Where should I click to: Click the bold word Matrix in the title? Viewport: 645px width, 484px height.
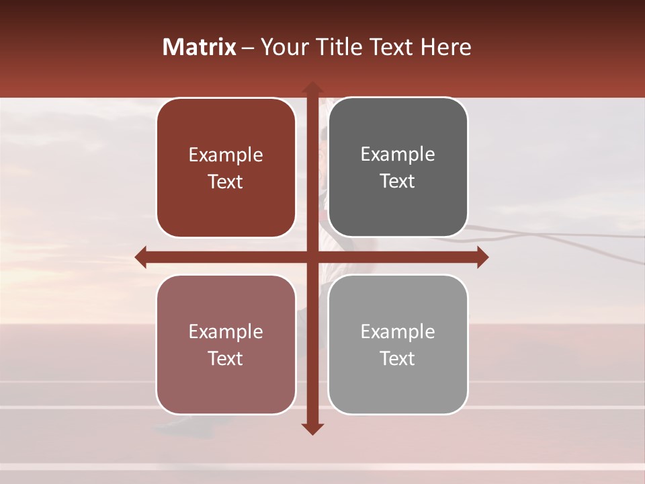click(x=200, y=46)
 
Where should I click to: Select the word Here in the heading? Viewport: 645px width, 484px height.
click(x=445, y=46)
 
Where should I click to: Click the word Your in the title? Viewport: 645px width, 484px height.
click(x=282, y=46)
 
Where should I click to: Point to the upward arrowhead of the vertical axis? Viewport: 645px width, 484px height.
click(x=312, y=88)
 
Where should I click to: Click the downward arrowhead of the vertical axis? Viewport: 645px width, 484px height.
click(x=312, y=428)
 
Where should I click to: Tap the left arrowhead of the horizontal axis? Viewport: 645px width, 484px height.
click(x=141, y=257)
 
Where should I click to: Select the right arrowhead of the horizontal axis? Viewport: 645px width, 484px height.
click(x=482, y=257)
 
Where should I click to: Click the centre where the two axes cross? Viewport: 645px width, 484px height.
click(x=312, y=257)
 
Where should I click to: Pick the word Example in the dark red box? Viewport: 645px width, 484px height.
click(x=226, y=155)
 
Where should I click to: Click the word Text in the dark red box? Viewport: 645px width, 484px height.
click(x=226, y=182)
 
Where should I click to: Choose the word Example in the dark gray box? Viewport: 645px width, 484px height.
click(x=398, y=155)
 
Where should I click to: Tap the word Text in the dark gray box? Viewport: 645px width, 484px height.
click(x=398, y=181)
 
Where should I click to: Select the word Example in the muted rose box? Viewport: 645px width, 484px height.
click(x=226, y=332)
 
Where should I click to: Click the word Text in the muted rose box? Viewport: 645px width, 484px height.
click(x=226, y=358)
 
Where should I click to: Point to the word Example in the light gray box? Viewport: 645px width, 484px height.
click(x=398, y=332)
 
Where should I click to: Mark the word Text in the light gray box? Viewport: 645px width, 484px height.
click(x=398, y=358)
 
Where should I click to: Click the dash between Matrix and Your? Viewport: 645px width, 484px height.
click(x=248, y=47)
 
